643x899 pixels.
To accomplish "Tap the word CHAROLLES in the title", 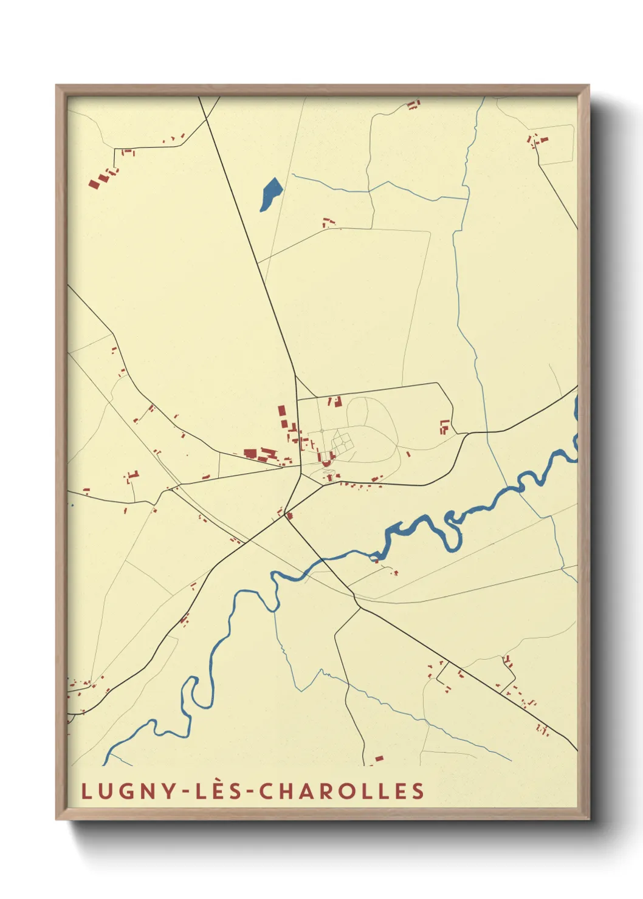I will (x=342, y=791).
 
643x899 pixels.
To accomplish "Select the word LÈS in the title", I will (x=218, y=791).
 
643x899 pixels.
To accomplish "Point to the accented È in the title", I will (x=218, y=791).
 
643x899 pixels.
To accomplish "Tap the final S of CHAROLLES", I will (x=418, y=791).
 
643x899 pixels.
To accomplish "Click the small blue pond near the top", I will (x=270, y=194).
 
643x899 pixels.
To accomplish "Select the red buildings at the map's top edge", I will (x=413, y=105).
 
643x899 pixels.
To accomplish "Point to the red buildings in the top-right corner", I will (x=538, y=141).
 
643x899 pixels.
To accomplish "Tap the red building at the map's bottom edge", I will (x=378, y=759).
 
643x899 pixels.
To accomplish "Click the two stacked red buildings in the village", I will (x=283, y=417).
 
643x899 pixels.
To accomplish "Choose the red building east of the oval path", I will (x=445, y=426).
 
